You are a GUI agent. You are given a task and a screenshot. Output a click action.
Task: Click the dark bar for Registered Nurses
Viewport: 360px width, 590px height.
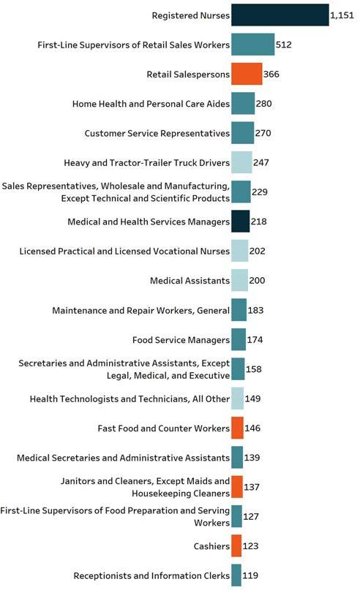[x=280, y=15]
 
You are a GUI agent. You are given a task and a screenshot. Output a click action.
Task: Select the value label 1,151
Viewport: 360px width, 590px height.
[x=342, y=15]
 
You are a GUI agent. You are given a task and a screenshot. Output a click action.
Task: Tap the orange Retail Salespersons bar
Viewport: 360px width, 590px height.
[x=247, y=74]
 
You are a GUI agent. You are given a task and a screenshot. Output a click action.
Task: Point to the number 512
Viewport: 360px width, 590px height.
[x=284, y=45]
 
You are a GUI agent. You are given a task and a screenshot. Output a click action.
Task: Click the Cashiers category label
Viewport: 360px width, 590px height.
[x=211, y=546]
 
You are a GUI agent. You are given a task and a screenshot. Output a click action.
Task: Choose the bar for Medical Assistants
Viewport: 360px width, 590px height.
[x=239, y=280]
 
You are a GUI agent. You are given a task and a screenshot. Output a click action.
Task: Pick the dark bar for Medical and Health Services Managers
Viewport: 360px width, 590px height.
[x=240, y=222]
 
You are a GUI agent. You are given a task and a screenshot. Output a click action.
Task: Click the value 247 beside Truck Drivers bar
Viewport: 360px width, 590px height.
[x=261, y=162]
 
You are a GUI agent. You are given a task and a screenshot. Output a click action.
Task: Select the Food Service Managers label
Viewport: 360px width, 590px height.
[x=181, y=340]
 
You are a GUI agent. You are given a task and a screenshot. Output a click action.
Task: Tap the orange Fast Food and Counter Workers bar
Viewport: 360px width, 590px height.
[x=237, y=428]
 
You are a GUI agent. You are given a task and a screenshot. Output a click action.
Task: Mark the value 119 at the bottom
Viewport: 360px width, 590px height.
[x=250, y=575]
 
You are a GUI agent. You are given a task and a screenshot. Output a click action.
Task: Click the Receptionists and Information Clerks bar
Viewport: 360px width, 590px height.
[x=236, y=575]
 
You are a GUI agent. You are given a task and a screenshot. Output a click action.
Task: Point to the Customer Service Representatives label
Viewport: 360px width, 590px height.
[x=157, y=134]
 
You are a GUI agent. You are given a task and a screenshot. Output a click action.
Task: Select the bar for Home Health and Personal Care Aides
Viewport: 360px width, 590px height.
[x=243, y=104]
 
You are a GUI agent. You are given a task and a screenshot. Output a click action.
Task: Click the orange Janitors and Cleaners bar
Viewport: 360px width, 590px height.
[x=237, y=487]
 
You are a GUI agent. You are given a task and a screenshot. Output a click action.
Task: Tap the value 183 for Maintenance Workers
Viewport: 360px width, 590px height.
[x=255, y=310]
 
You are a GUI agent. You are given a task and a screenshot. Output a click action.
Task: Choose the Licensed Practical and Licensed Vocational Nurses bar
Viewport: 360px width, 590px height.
[x=239, y=251]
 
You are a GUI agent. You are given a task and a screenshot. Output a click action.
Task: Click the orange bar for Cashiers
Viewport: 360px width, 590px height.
[x=236, y=545]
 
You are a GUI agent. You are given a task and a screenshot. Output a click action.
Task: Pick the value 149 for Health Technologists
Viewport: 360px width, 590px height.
[x=252, y=398]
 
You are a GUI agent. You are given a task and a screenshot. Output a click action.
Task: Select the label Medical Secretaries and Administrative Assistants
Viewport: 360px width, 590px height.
[x=123, y=458]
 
